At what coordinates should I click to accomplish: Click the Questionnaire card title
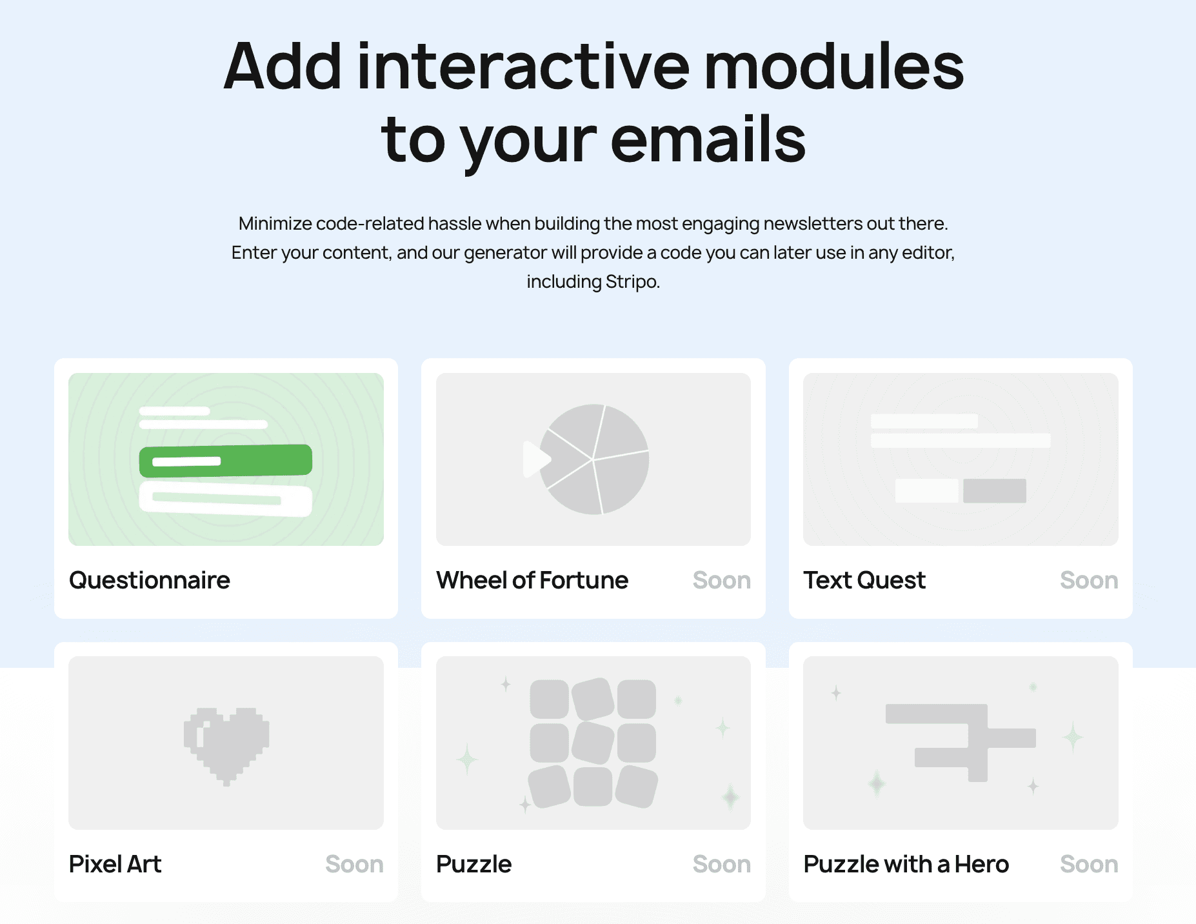pos(149,580)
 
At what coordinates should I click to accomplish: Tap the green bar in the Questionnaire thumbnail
pos(226,461)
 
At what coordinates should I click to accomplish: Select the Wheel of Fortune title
pos(532,580)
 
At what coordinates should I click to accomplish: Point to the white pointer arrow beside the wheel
pos(535,459)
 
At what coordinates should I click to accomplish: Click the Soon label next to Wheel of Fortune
pos(721,580)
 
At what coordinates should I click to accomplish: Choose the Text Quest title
pos(864,580)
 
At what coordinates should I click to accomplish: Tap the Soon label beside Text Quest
pos(1088,580)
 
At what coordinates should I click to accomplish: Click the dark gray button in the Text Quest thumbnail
pos(994,490)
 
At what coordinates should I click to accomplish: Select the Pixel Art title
pos(115,864)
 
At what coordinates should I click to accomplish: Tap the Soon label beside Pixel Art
pos(354,864)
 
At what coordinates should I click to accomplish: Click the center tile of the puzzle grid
pos(593,742)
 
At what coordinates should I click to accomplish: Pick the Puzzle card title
pos(473,864)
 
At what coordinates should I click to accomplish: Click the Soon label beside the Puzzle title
pos(721,864)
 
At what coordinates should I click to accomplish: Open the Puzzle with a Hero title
pos(906,864)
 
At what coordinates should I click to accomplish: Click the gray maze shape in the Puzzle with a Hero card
pos(968,736)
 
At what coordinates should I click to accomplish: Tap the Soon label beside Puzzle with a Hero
pos(1088,864)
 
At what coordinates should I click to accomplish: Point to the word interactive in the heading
pos(523,67)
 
